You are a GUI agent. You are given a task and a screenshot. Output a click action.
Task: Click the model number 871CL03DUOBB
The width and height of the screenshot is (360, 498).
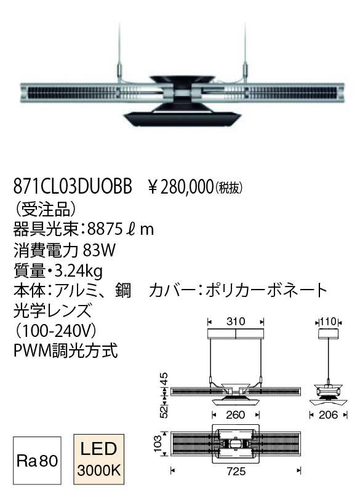[x=73, y=186]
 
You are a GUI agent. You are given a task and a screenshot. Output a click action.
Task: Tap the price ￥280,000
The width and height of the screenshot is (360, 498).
[x=181, y=186]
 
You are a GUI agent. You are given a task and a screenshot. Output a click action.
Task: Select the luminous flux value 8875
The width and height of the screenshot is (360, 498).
[x=105, y=229]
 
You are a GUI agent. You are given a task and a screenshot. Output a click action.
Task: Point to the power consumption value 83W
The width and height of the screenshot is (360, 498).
[x=99, y=250]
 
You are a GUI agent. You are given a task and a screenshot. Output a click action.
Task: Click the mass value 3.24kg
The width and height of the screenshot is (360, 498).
[x=79, y=272]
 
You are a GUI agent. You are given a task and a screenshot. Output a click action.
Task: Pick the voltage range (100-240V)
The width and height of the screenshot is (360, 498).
[x=55, y=331]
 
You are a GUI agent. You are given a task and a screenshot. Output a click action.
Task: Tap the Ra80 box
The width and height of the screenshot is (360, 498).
[x=37, y=460]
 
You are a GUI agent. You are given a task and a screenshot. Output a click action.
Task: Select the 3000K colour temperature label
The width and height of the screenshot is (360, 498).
[x=99, y=470]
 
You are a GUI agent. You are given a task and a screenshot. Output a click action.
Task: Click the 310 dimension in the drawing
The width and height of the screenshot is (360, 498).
[x=236, y=322]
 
